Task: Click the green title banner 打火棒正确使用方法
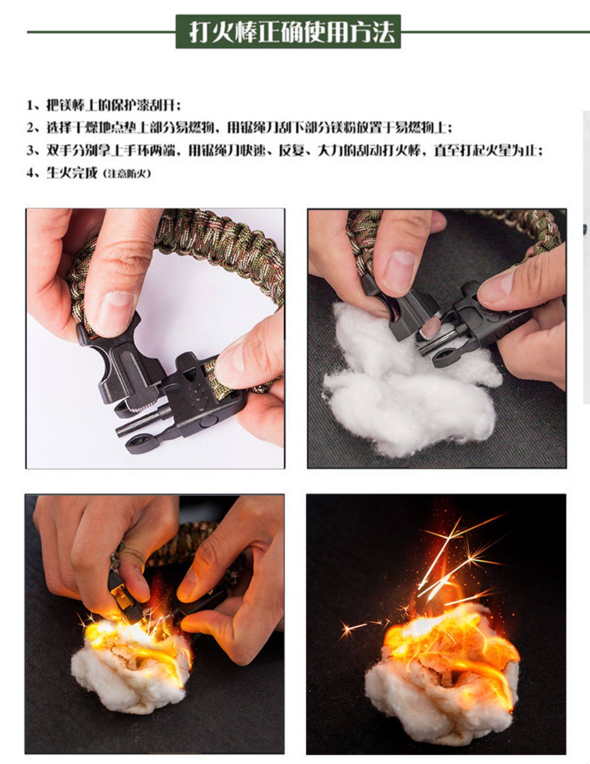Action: point(288,32)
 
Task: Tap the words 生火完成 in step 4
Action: point(72,172)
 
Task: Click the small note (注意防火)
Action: point(127,174)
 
